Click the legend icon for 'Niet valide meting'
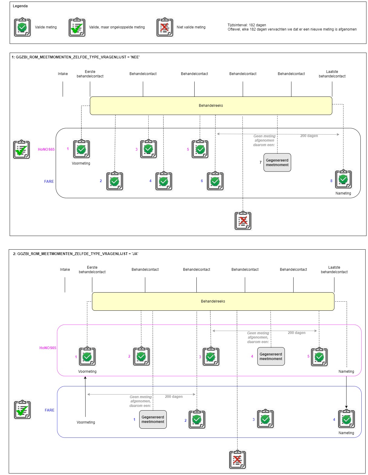point(165,27)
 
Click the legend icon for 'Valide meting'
point(22,27)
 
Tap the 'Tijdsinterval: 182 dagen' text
point(247,25)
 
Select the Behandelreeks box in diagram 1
point(211,106)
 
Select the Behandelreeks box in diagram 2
point(213,301)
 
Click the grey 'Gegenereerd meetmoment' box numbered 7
point(277,163)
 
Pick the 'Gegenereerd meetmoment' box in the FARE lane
point(153,419)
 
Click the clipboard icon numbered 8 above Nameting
point(343,179)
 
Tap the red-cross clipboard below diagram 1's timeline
point(243,221)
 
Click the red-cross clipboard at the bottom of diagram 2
point(238,460)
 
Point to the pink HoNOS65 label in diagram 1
point(46,149)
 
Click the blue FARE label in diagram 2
point(50,410)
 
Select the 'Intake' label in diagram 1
point(63,74)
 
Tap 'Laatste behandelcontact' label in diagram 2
point(334,270)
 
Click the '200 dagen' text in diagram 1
point(309,136)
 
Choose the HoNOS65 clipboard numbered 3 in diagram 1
point(148,149)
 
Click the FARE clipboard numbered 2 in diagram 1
point(115,181)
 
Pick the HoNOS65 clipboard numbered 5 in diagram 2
point(319,357)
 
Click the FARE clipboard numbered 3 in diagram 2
point(265,419)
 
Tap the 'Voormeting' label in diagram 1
point(81,163)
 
